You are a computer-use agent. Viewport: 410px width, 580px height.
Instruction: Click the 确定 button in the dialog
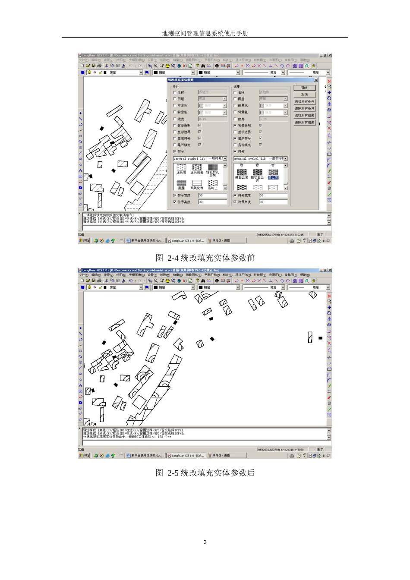(304, 88)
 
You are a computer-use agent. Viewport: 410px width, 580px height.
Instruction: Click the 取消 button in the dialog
(304, 95)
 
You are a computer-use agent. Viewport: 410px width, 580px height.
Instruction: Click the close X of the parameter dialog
(315, 80)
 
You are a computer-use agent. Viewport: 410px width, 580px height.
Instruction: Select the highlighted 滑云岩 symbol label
(273, 177)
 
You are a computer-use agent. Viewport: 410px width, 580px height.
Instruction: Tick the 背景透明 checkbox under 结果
(235, 126)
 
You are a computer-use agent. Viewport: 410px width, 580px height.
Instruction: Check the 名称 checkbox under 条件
(175, 92)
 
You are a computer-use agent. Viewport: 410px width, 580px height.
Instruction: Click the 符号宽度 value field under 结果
(273, 195)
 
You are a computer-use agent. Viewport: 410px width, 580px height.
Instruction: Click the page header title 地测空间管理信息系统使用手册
(205, 33)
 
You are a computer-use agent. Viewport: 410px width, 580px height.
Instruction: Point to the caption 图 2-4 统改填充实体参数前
(205, 258)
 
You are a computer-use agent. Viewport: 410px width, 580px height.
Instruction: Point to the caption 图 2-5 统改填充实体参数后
(205, 473)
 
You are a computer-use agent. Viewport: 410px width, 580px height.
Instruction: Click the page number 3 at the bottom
(205, 542)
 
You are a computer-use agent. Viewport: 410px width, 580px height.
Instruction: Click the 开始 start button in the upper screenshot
(84, 240)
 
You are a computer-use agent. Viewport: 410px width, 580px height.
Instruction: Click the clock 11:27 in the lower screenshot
(326, 455)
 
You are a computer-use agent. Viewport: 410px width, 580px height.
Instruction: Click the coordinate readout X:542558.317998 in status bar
(281, 235)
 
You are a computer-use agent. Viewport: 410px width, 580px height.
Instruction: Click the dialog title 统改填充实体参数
(181, 80)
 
